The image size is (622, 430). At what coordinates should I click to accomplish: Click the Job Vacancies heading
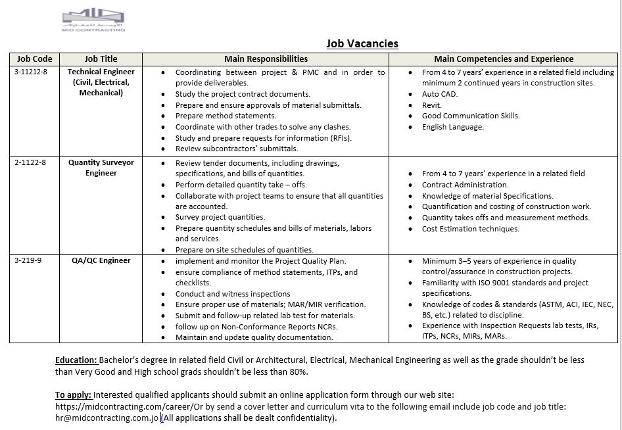362,44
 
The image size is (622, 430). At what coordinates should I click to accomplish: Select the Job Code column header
35,59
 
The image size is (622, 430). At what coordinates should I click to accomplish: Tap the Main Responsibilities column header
266,59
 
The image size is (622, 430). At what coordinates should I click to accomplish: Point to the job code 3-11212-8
31,72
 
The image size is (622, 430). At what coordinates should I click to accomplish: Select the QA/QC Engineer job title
101,260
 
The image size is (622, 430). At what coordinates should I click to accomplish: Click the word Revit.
432,105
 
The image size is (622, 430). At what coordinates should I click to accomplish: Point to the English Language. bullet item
452,127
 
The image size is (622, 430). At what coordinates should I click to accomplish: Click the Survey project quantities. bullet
220,217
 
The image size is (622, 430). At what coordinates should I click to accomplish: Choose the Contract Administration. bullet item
465,185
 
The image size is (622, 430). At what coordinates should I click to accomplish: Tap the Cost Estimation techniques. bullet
470,229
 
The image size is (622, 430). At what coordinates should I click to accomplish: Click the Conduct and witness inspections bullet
233,294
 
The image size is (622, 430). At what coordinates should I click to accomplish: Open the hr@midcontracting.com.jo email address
107,418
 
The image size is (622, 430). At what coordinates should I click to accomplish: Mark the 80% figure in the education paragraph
299,372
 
